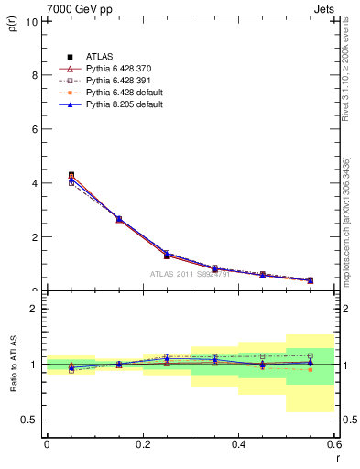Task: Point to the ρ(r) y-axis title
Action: [x=12, y=24]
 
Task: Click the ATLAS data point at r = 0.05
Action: [x=71, y=175]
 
